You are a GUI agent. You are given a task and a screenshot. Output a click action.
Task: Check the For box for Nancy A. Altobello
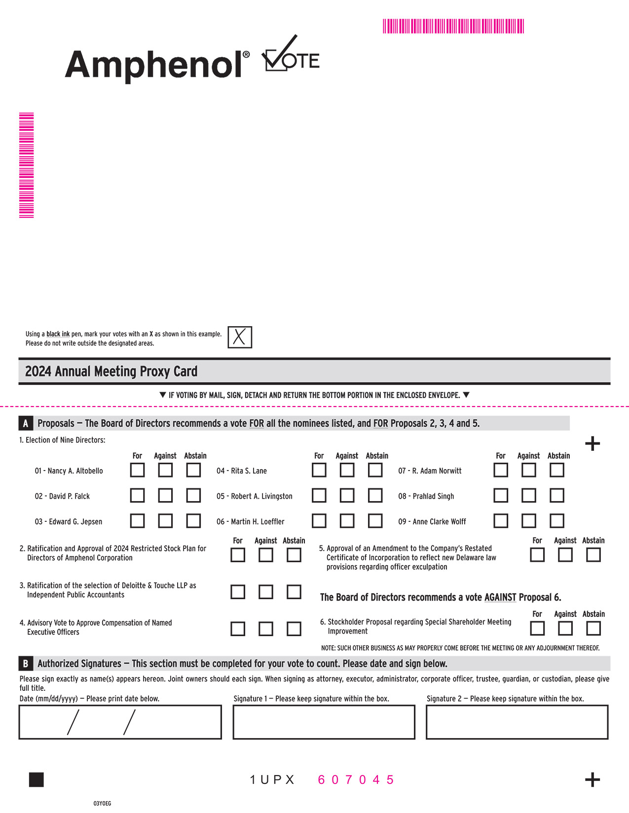tap(137, 470)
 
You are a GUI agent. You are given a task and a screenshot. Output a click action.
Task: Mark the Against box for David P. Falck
tap(165, 495)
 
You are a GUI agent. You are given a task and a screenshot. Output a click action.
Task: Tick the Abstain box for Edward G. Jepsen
tap(193, 521)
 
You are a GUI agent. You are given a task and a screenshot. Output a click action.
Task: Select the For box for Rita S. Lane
tap(319, 470)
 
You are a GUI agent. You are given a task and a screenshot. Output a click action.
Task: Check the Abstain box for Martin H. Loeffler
tap(375, 521)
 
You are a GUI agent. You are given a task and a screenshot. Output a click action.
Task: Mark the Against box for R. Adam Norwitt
tap(529, 470)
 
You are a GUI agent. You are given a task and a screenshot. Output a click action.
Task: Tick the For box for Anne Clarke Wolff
tap(501, 521)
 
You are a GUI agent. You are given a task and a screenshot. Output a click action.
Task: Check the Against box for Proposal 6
tap(565, 628)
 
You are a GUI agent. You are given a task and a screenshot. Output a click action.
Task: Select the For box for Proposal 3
tap(238, 592)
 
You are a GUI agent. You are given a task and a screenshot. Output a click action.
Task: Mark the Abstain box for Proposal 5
tap(593, 555)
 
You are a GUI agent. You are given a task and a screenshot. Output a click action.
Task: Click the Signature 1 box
tap(324, 722)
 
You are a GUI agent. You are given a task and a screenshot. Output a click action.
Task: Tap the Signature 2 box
tap(517, 722)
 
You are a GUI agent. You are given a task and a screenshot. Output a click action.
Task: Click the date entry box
tap(120, 722)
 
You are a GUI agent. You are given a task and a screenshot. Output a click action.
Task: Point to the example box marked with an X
tap(240, 338)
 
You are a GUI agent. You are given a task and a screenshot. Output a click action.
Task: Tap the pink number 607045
tap(356, 779)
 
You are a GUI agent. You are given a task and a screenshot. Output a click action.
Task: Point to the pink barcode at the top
tap(453, 26)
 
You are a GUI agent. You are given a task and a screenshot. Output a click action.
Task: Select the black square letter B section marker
tap(26, 664)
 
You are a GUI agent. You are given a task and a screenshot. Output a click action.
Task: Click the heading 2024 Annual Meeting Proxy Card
tap(111, 372)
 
